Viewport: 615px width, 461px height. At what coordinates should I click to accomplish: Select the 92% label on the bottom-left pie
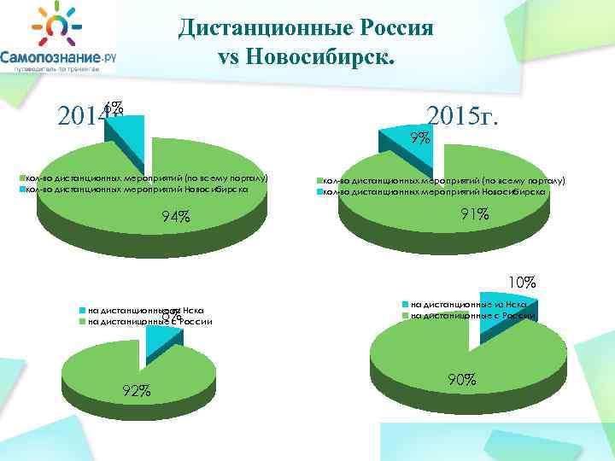click(x=138, y=391)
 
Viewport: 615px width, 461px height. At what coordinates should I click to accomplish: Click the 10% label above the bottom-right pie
click(x=522, y=281)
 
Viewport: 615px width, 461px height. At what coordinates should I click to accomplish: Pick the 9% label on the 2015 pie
click(x=419, y=137)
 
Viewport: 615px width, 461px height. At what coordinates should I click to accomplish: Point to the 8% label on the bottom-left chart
click(x=172, y=316)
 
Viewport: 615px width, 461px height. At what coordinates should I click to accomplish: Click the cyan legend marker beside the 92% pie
click(x=81, y=311)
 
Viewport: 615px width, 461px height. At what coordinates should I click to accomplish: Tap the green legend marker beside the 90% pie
click(x=406, y=316)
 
